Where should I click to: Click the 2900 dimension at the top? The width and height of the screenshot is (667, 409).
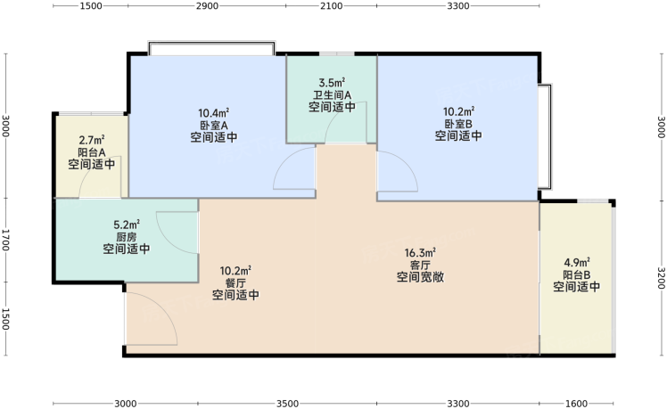point(207,6)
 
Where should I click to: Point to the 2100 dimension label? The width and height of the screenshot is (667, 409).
point(331,6)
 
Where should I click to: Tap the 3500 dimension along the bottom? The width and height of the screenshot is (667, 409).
point(287,404)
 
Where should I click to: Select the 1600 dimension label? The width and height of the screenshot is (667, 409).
point(576,404)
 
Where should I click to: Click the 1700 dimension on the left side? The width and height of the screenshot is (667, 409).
point(5,241)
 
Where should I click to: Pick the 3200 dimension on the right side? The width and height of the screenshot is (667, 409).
point(661,278)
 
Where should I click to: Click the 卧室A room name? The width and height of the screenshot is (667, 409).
point(213,126)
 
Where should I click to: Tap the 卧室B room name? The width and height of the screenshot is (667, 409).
point(458,124)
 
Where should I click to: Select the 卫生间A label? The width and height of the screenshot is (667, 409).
point(332,94)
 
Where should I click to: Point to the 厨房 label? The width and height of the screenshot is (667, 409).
point(127,237)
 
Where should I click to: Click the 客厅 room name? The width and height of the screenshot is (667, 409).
point(420,266)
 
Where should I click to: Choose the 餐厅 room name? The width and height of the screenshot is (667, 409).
point(235,282)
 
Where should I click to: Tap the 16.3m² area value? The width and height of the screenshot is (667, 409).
point(420,253)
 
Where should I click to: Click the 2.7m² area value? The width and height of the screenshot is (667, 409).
point(92,140)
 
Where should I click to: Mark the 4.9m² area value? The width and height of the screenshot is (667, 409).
point(577,262)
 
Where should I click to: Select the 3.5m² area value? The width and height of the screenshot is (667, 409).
point(332,82)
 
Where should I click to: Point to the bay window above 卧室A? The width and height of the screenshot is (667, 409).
point(211,48)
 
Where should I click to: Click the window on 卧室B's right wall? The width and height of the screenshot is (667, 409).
point(545,137)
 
